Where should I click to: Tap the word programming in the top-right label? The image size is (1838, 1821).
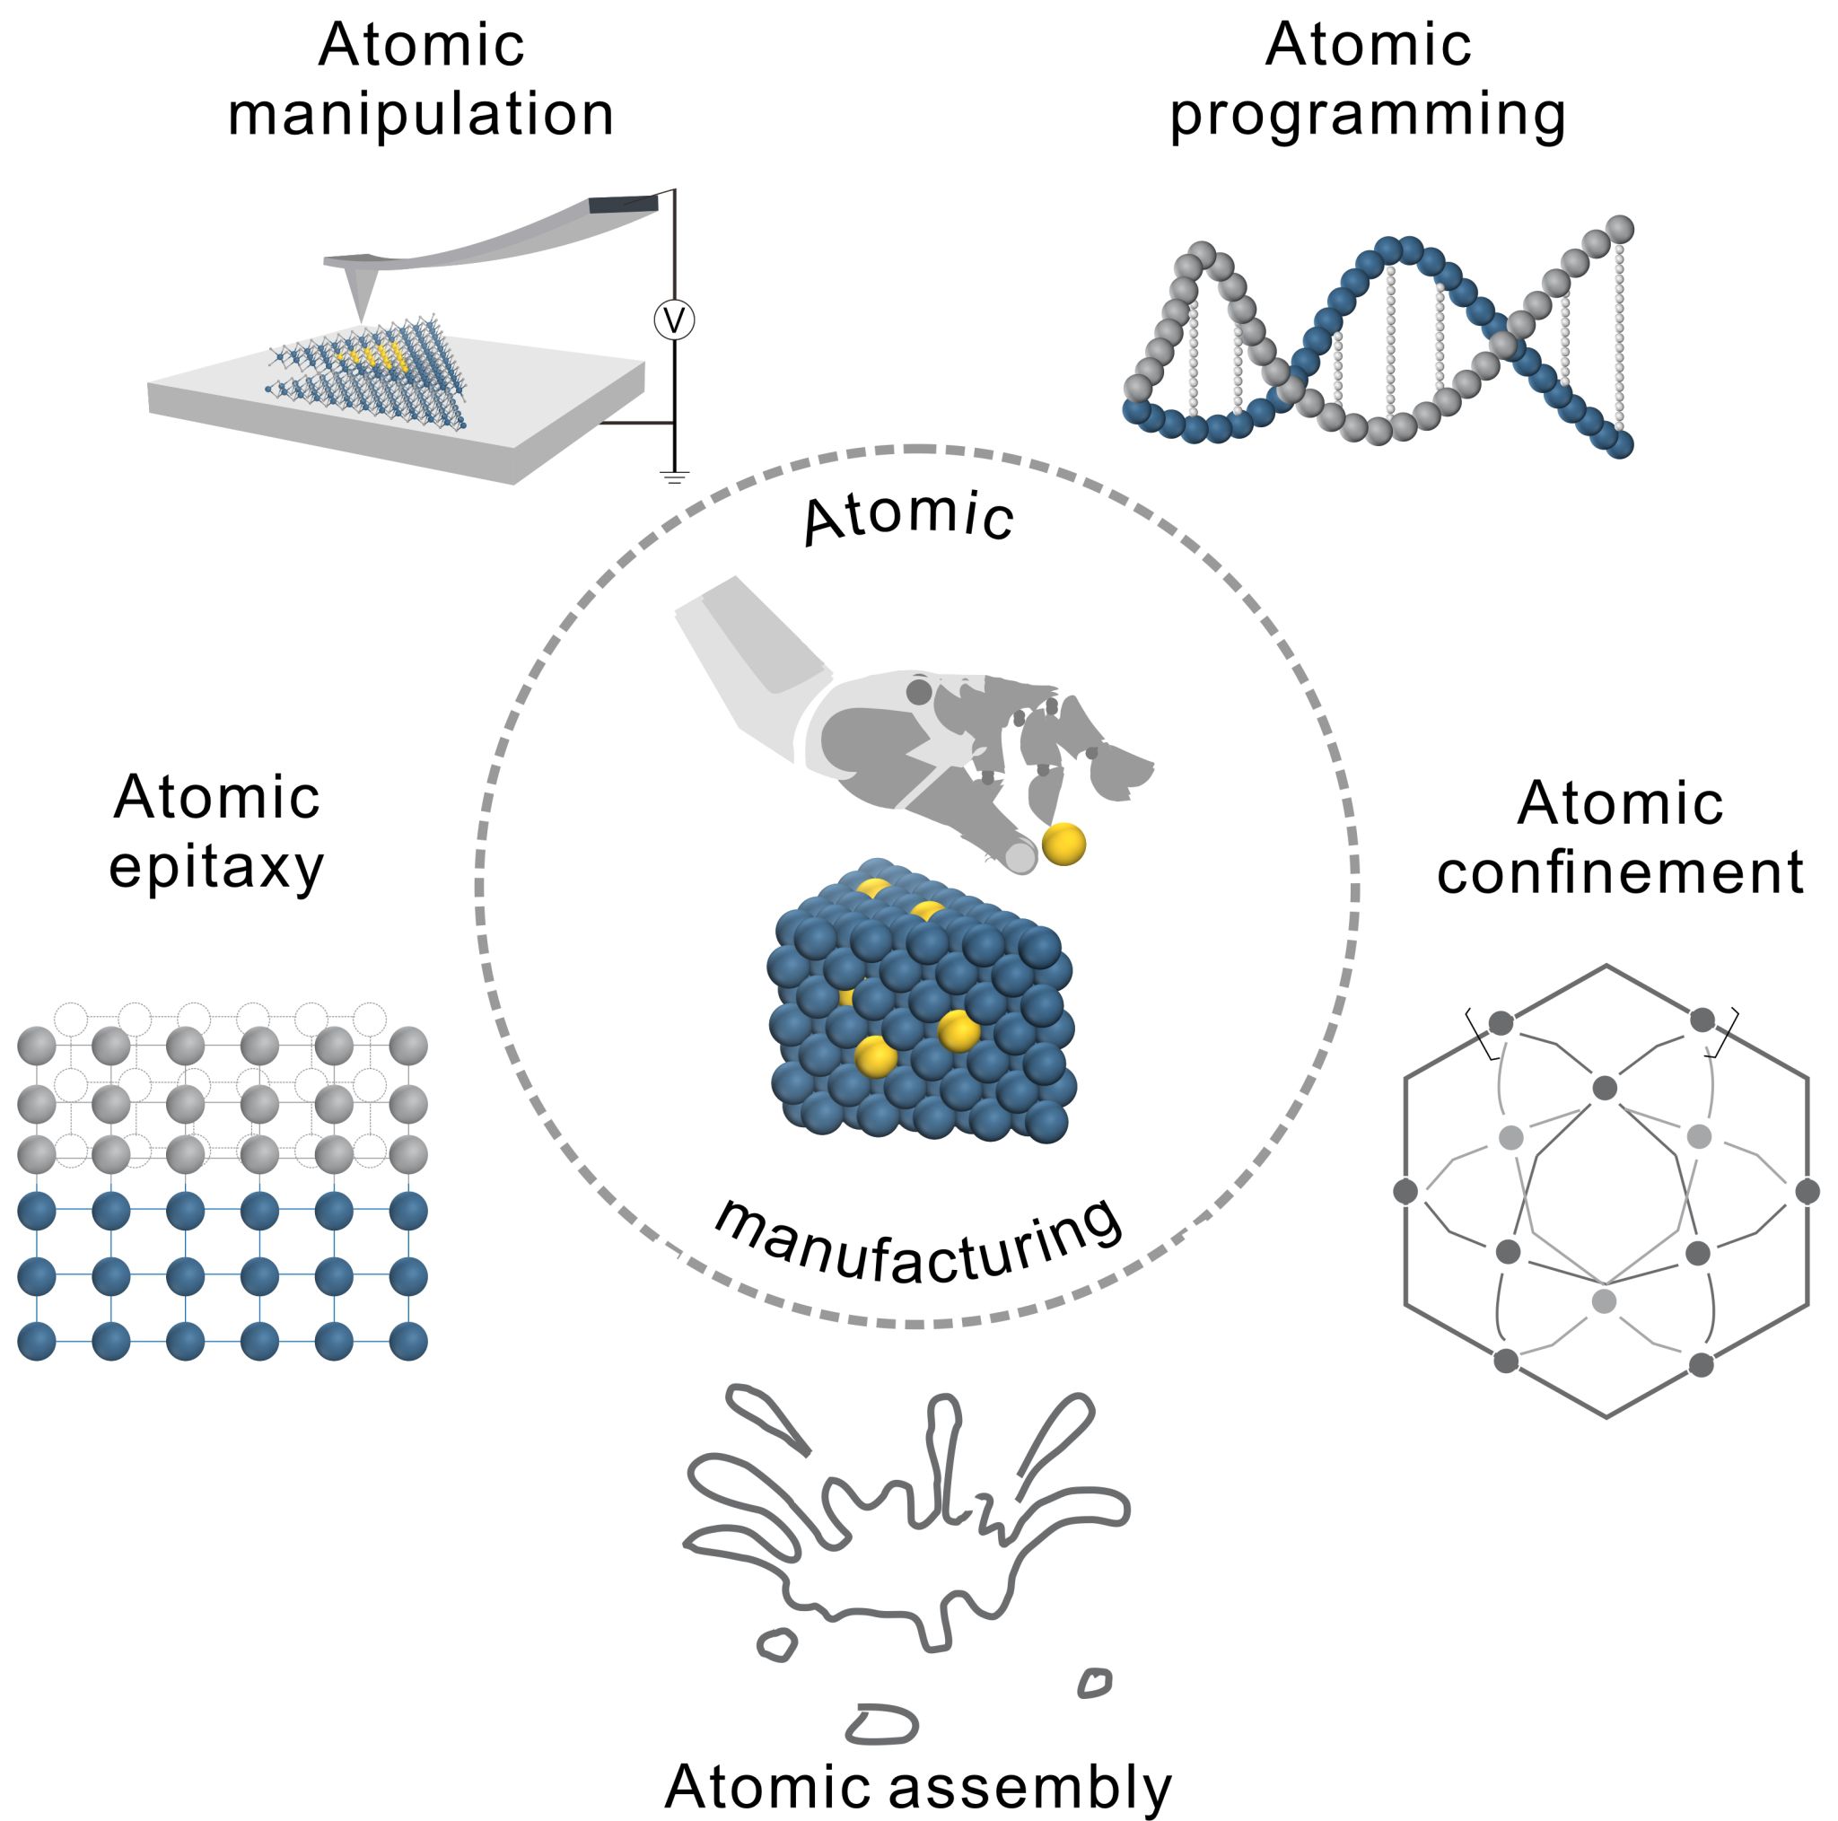[x=1367, y=116]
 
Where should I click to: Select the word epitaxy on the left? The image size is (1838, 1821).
[x=216, y=868]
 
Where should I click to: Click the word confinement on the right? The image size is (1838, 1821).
[x=1619, y=871]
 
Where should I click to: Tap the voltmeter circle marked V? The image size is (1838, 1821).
[x=674, y=320]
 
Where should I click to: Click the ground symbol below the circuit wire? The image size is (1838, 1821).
[x=675, y=476]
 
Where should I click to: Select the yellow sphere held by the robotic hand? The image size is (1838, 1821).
[x=1063, y=843]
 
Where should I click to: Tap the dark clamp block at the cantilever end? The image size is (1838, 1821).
[x=623, y=204]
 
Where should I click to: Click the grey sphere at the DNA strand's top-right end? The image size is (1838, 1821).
[x=1619, y=229]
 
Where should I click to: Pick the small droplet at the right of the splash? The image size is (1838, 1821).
[x=1095, y=1683]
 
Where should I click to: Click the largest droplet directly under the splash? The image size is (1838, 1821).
[x=882, y=1724]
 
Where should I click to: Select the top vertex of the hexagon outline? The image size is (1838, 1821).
[x=1606, y=966]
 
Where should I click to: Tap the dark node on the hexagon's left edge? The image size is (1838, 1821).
[x=1405, y=1190]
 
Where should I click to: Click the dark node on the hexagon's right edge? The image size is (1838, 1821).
[x=1807, y=1190]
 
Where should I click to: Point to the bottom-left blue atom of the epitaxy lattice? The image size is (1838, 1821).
[x=37, y=1341]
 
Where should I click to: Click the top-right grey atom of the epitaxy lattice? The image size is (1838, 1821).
[x=408, y=1045]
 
